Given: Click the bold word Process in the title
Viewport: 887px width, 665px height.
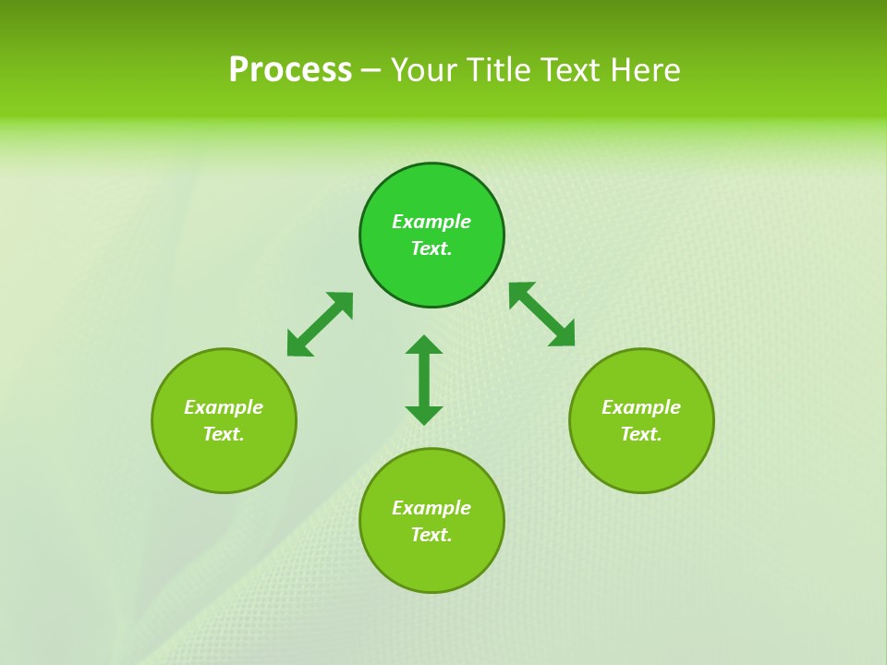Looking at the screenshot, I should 290,70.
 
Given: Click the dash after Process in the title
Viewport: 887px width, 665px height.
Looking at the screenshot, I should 371,72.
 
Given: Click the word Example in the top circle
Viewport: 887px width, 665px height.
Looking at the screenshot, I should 431,222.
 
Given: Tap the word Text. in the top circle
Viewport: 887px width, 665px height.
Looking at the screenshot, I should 431,248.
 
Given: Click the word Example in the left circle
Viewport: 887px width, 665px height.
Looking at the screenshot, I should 224,407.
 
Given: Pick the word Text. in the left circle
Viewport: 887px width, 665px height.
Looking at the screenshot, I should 224,434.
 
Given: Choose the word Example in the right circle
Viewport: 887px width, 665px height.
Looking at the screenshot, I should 641,407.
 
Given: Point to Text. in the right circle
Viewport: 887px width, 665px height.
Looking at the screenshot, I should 641,434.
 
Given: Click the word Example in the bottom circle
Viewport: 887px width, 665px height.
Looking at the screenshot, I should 431,508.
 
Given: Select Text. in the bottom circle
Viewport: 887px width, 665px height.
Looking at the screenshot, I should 431,535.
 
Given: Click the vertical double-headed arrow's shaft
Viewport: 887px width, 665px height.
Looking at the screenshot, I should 424,380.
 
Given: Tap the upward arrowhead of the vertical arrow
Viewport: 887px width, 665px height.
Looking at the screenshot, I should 424,345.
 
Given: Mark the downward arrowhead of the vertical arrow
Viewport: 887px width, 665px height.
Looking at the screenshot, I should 424,415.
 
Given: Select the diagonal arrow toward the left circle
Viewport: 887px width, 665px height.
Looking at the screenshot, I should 320,324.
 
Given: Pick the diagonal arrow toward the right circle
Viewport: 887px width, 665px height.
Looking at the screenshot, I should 542,314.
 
